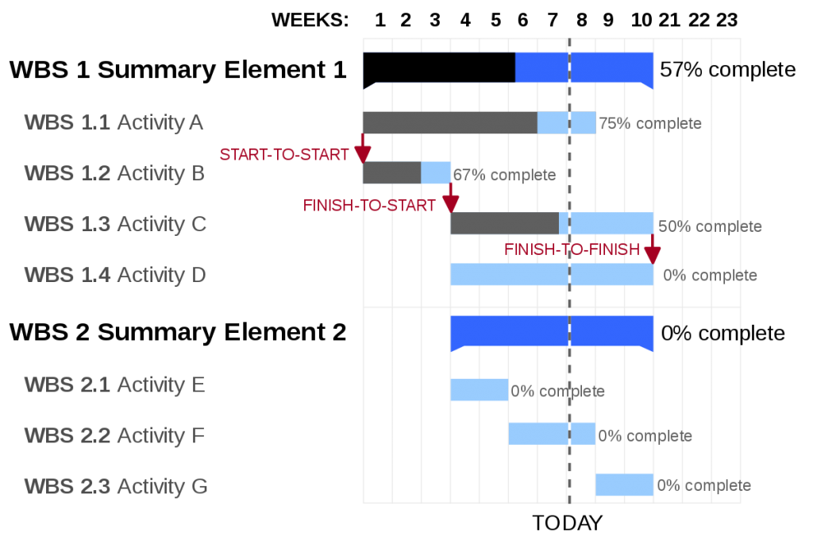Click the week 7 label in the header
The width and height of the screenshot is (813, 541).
(x=553, y=20)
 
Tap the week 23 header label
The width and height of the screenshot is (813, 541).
(x=727, y=20)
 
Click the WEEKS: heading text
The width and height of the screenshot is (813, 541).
(x=310, y=20)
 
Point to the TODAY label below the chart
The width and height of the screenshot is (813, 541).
(x=567, y=523)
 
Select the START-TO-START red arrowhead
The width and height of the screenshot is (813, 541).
(x=363, y=154)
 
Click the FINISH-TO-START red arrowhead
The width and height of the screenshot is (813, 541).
(x=451, y=204)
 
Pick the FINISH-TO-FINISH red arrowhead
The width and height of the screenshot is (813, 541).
(x=653, y=255)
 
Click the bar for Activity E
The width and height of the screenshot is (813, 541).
(x=479, y=389)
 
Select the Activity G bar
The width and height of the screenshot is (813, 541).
(x=624, y=485)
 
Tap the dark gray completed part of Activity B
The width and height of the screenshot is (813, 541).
(x=392, y=172)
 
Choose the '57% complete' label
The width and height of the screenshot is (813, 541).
(x=727, y=69)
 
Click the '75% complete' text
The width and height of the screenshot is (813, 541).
(x=650, y=123)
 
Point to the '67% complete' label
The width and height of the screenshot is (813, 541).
(x=504, y=175)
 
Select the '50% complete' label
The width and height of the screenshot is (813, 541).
(x=710, y=226)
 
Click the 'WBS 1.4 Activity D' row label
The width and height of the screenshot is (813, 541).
(x=115, y=275)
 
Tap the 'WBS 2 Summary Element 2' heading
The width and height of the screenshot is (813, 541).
(x=178, y=332)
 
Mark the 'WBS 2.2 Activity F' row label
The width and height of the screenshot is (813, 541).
(x=114, y=435)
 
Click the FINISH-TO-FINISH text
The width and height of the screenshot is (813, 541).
(x=572, y=249)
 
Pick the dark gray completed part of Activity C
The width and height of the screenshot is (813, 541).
(x=504, y=223)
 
